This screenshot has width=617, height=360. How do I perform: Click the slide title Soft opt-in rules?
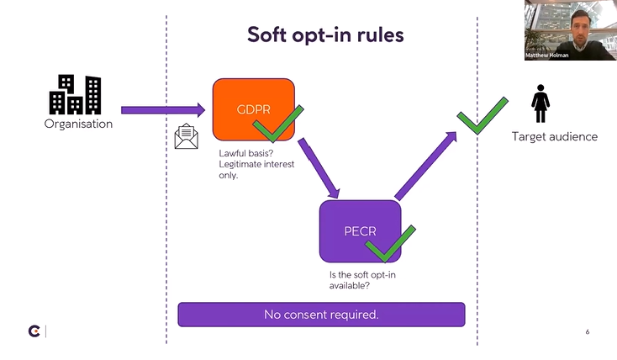pyautogui.click(x=325, y=35)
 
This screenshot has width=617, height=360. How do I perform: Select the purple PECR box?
pyautogui.click(x=359, y=230)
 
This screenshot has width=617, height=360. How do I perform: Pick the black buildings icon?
pyautogui.click(x=75, y=94)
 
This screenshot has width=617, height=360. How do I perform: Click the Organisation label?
pyautogui.click(x=78, y=124)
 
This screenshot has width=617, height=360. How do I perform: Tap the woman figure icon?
pyautogui.click(x=541, y=107)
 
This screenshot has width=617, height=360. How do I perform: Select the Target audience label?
pyautogui.click(x=555, y=136)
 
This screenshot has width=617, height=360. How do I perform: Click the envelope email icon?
pyautogui.click(x=186, y=136)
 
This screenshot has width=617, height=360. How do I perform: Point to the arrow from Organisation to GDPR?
pyautogui.click(x=163, y=109)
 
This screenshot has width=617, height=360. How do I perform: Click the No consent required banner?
pyautogui.click(x=321, y=315)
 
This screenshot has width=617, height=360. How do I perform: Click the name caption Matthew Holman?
pyautogui.click(x=548, y=56)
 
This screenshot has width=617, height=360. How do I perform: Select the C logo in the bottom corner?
pyautogui.click(x=34, y=331)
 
